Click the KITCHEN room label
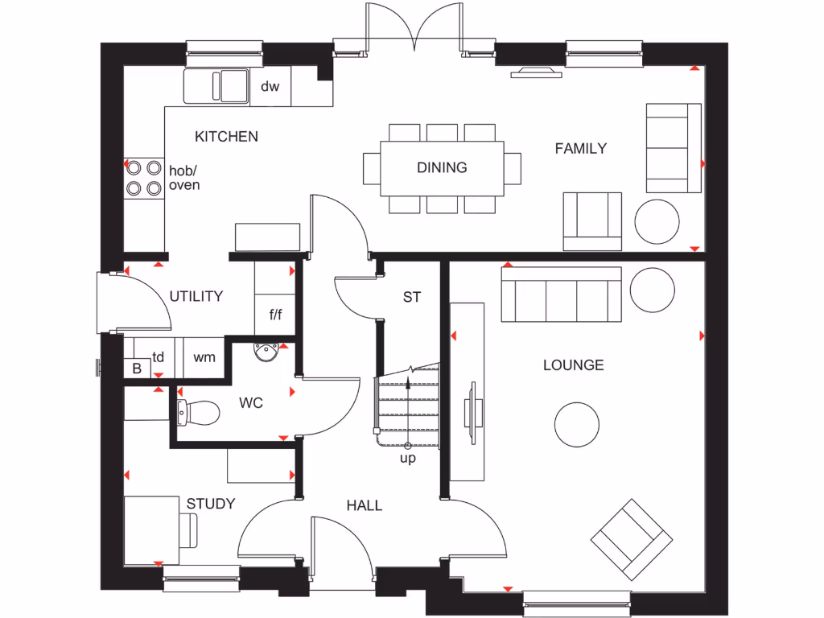coord(226,137)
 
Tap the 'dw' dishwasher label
coord(270,86)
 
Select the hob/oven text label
coord(184,178)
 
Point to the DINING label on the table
coord(442,167)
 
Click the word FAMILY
coord(580,148)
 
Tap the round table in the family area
coord(657,221)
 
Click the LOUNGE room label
coord(573,365)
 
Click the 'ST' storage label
coord(412,297)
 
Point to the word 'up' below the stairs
coord(408,459)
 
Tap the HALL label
coord(364,505)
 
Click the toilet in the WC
coord(199,412)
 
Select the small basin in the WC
coord(264,352)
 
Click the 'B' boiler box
coord(136,369)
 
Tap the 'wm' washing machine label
coord(204,356)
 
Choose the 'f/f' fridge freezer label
coord(275,313)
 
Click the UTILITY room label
coord(196,296)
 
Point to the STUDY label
coord(211,504)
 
